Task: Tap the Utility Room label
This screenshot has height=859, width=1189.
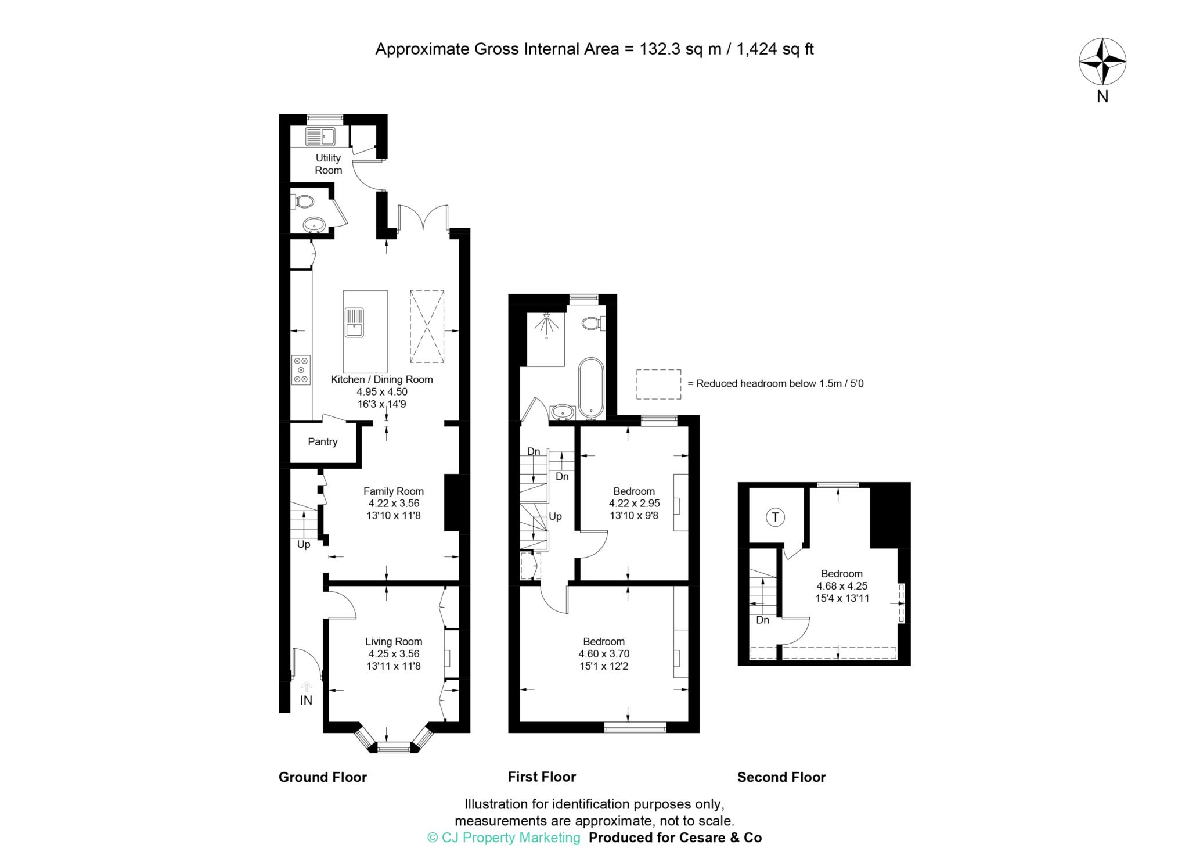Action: point(328,164)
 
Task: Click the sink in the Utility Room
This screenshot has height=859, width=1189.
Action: point(320,137)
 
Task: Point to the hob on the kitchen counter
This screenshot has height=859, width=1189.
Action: point(301,370)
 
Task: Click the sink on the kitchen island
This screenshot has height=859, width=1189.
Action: point(354,322)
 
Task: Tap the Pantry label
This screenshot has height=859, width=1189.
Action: point(322,441)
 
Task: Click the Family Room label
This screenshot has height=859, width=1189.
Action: point(393,491)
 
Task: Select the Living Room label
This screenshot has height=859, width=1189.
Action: point(393,641)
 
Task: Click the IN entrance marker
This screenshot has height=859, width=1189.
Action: point(306,700)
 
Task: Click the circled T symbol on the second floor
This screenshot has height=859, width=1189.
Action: point(775,516)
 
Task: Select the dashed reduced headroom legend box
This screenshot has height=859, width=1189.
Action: point(658,384)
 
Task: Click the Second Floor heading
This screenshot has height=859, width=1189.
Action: point(781,777)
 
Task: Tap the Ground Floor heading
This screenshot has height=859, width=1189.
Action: point(322,777)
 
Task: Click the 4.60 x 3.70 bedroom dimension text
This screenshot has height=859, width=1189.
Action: point(604,653)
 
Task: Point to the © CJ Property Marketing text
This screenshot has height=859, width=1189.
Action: point(503,838)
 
